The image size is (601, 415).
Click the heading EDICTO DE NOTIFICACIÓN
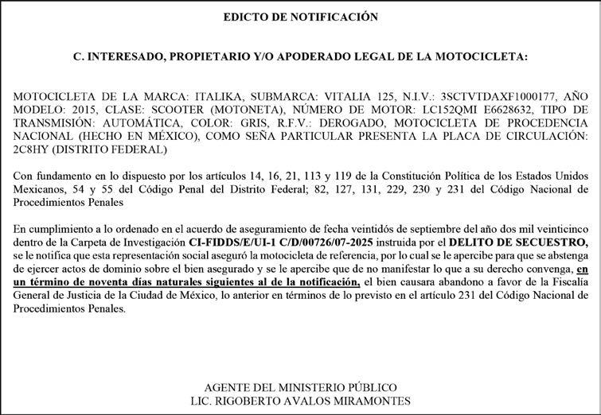(x=300, y=16)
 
